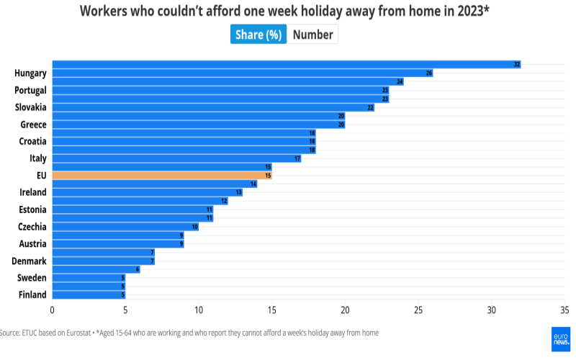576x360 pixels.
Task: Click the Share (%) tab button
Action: point(258,35)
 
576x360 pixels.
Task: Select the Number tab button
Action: point(312,35)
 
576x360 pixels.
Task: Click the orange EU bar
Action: point(161,175)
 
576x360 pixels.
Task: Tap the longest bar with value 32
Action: point(286,65)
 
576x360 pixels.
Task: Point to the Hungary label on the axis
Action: point(30,73)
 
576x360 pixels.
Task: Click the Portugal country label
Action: point(30,90)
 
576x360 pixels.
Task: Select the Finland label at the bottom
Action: point(32,294)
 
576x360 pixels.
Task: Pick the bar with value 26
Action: point(242,73)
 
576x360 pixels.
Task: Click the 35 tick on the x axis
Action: point(564,310)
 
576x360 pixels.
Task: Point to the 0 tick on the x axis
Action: point(52,310)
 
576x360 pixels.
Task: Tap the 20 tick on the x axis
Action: point(345,310)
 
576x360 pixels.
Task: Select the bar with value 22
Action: point(212,107)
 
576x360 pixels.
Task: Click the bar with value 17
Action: point(176,158)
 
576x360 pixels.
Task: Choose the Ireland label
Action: point(33,192)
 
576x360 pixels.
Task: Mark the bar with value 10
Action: point(125,226)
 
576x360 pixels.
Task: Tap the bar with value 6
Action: point(96,269)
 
